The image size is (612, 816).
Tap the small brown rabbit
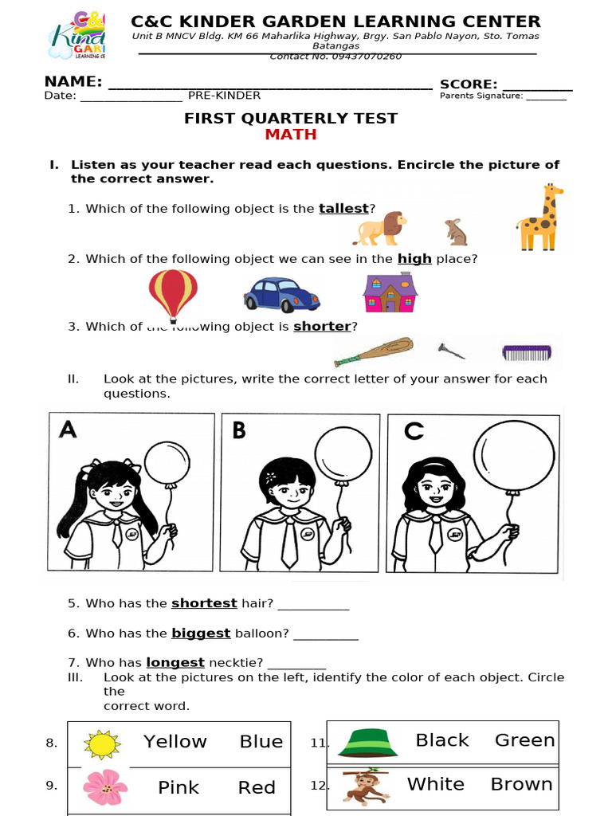point(456,232)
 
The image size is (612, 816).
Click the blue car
point(281,294)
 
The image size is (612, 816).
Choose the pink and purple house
point(390,292)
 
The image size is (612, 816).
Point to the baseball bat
point(374,351)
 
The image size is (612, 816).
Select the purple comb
point(526,351)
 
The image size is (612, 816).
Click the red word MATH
point(291,135)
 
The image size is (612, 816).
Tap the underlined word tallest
point(343,209)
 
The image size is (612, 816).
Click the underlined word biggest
point(201,634)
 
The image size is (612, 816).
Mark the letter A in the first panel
point(69,430)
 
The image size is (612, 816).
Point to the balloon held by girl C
point(514,455)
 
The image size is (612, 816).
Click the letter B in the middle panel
point(239,430)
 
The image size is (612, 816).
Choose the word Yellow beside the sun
point(175,742)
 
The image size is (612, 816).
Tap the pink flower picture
point(105,787)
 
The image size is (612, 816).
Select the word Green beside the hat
point(524,740)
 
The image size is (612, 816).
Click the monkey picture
point(366,786)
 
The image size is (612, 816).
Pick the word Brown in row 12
point(521,784)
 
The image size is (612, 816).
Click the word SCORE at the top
point(468,84)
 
